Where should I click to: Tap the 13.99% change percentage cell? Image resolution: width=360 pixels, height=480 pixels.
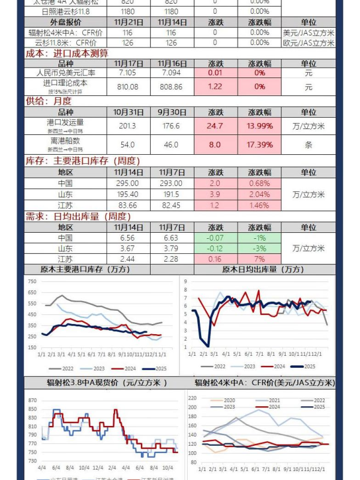260,126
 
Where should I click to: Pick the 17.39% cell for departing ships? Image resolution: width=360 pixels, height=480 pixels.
260,145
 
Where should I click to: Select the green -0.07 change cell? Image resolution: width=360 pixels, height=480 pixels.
215,238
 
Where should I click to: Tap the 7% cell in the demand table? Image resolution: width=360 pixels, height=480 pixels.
260,259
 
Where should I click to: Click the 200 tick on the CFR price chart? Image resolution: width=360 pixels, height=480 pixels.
193,407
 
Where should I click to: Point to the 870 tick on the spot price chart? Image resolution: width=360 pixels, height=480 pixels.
32,400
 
